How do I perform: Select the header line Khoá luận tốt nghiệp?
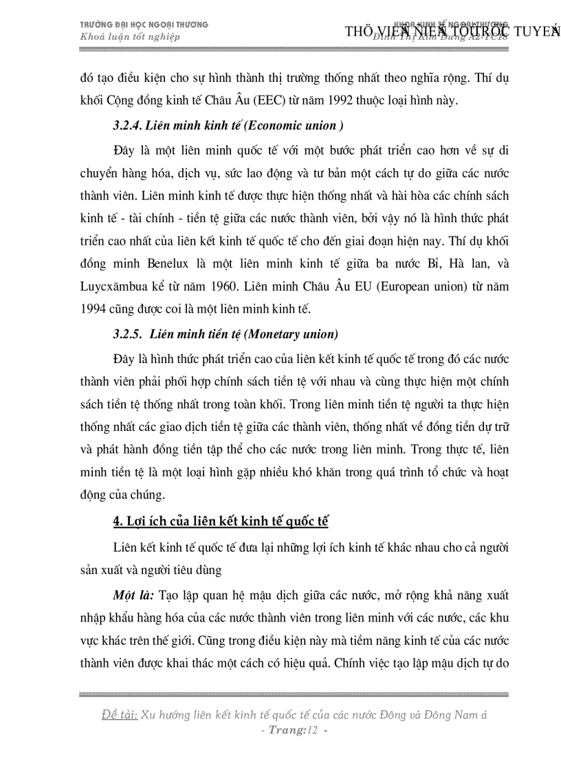coord(131,37)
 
